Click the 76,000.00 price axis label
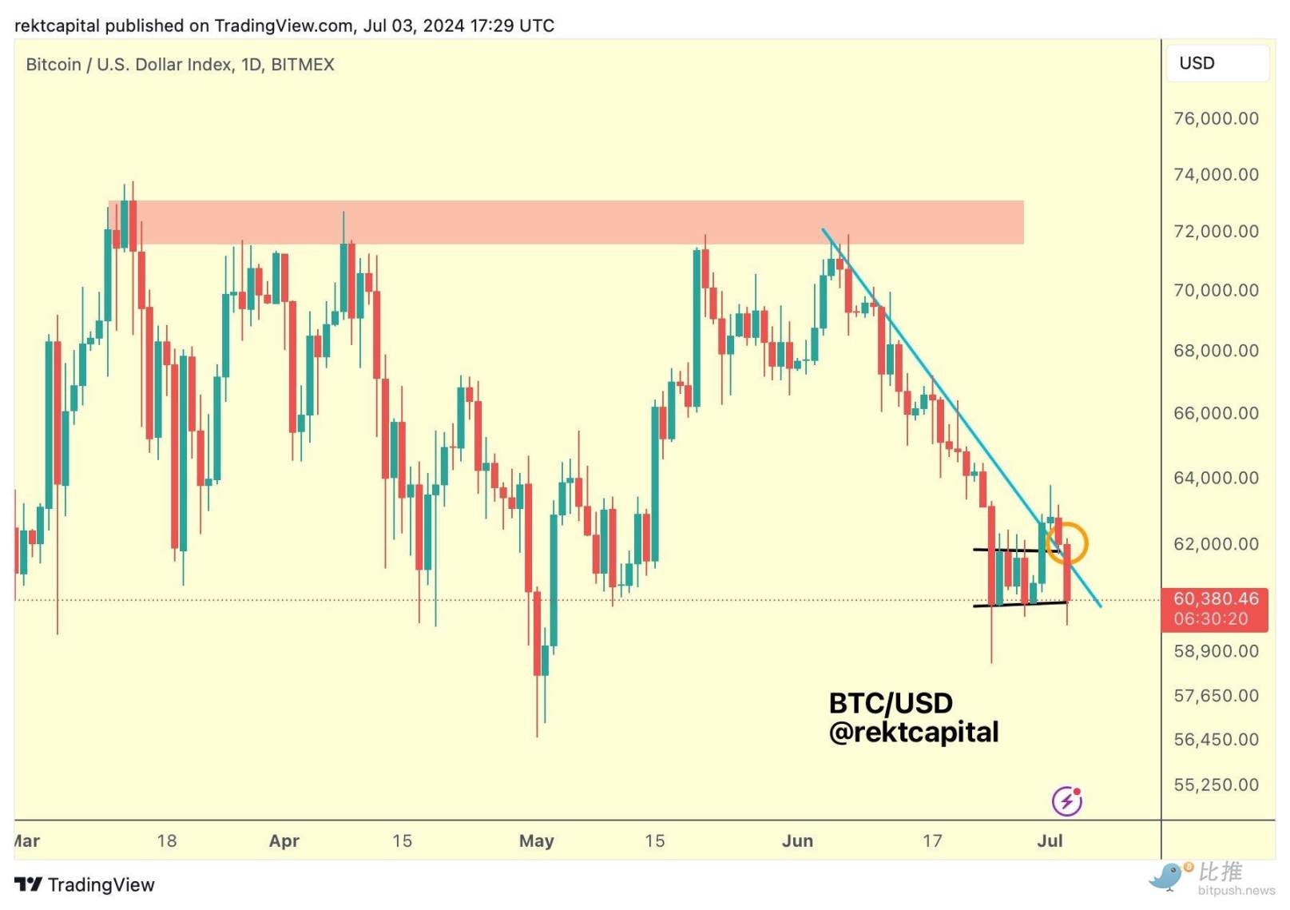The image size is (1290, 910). click(1215, 119)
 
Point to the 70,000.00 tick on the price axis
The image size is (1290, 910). click(1215, 291)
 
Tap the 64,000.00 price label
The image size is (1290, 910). click(1215, 479)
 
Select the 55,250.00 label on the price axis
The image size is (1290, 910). click(1215, 785)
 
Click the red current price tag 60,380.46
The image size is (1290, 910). click(1215, 599)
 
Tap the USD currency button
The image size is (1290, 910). click(1217, 64)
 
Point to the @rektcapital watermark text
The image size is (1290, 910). click(914, 733)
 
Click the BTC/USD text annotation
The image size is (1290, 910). click(891, 704)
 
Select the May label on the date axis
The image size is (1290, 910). click(536, 841)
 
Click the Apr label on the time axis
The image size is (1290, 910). click(284, 841)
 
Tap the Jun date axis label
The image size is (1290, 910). click(797, 841)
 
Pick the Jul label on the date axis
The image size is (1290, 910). click(1050, 841)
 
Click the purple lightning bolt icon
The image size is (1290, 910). click(1066, 801)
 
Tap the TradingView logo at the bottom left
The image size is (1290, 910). click(85, 885)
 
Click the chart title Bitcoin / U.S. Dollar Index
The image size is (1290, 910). click(180, 65)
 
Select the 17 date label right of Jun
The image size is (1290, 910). click(932, 841)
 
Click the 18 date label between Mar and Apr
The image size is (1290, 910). click(167, 841)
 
